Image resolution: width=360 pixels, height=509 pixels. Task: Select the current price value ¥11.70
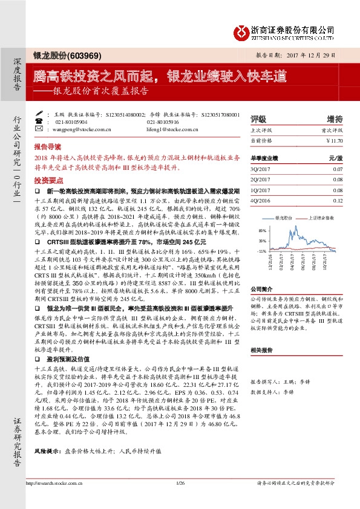click(x=334, y=140)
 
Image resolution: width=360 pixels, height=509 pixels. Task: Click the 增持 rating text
click(x=335, y=118)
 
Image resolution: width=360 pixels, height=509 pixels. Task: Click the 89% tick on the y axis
click(x=261, y=231)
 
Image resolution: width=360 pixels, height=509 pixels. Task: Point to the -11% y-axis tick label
click(x=261, y=250)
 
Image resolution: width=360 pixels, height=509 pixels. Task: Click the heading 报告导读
click(x=47, y=146)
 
